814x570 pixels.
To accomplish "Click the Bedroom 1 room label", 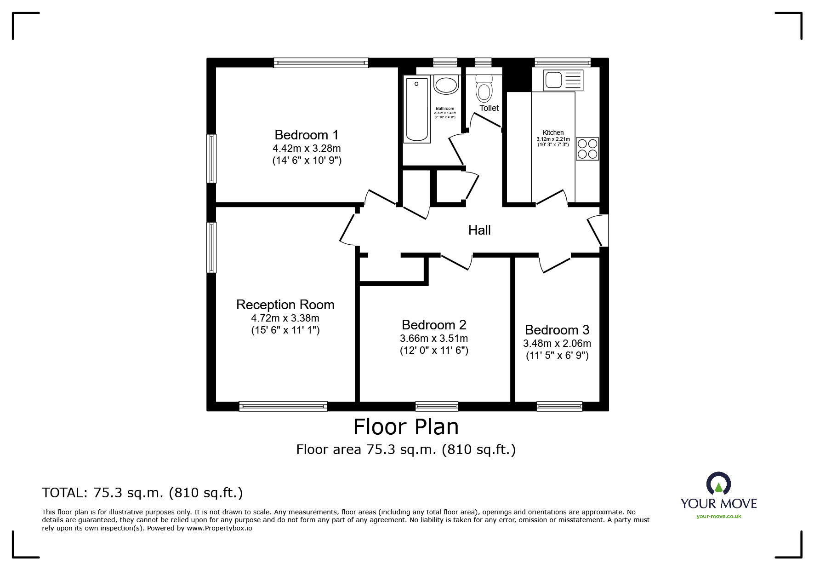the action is click(307, 135).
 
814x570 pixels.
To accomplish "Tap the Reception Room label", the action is click(285, 305).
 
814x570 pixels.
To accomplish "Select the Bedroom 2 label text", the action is click(434, 325).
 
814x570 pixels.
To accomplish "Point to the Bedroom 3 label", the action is click(557, 330).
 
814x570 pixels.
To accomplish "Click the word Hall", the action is click(479, 230).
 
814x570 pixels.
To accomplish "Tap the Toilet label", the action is click(489, 108).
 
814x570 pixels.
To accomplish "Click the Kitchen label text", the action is click(553, 132).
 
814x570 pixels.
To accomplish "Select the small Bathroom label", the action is click(445, 109).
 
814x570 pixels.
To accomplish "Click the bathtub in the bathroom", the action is click(417, 110).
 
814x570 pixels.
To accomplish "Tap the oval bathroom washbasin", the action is click(446, 86).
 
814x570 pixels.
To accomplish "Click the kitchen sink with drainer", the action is click(563, 80).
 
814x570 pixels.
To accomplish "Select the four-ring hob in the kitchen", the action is click(587, 149).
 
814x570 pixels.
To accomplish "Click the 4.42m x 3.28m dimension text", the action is click(307, 148).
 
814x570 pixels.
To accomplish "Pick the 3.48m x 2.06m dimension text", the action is click(557, 343).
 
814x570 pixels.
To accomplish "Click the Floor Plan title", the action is click(406, 427).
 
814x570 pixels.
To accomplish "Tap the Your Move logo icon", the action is click(718, 484).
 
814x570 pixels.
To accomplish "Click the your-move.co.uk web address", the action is click(719, 516).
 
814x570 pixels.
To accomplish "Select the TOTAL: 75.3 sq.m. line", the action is click(142, 493).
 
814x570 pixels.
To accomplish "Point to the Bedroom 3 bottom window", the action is click(559, 406).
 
